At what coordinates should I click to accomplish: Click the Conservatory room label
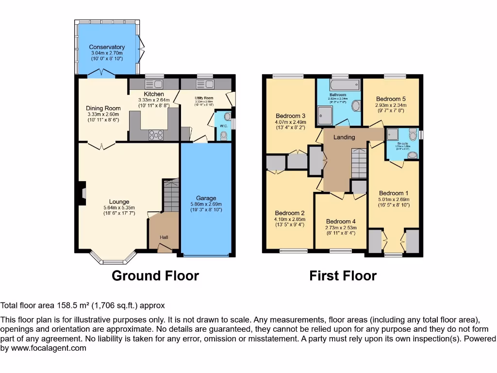(x=107, y=47)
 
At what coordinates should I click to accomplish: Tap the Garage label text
(x=206, y=198)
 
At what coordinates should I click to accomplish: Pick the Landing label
(x=344, y=137)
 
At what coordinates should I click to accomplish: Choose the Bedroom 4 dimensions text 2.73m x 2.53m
(x=341, y=228)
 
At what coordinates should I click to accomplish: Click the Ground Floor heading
(x=155, y=276)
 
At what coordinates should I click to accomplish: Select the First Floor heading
(x=343, y=276)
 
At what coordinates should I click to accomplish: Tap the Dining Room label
(x=103, y=108)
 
